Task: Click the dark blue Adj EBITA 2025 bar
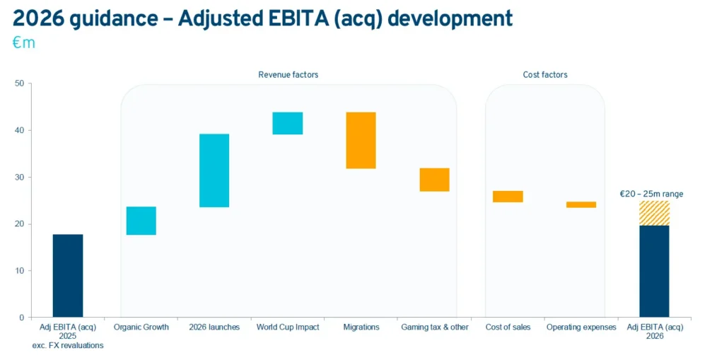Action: tap(68, 275)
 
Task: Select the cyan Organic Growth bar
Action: tap(141, 221)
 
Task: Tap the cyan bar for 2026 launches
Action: tap(214, 170)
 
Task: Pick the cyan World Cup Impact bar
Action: tap(287, 123)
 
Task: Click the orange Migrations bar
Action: tap(361, 140)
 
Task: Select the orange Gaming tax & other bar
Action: tap(434, 180)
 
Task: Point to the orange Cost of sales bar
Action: tap(508, 197)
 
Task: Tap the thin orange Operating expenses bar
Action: tap(581, 204)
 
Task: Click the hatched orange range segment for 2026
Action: tap(654, 213)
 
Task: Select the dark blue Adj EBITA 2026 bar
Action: tap(654, 271)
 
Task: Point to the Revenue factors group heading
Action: tap(288, 74)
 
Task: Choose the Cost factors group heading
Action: tap(544, 74)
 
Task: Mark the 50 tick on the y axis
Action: tap(19, 83)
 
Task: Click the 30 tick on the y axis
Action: tap(19, 177)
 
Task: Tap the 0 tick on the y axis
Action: tap(21, 318)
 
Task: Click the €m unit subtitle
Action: tap(23, 43)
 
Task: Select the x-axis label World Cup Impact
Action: tap(288, 327)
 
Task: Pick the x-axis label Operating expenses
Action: tap(581, 327)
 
